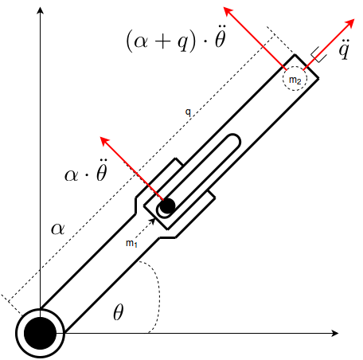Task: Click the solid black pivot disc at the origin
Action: click(x=40, y=333)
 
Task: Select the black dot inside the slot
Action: click(x=167, y=205)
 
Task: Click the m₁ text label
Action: click(x=131, y=243)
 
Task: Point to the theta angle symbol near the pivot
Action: click(x=119, y=312)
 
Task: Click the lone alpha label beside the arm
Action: click(x=58, y=229)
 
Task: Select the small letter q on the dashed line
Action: click(x=188, y=112)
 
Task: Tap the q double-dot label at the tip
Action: click(x=344, y=49)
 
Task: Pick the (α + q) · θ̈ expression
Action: click(x=176, y=39)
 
